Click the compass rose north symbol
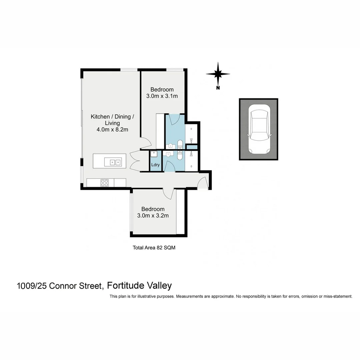[x=218, y=74]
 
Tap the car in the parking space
[x=259, y=129]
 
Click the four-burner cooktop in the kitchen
[x=105, y=183]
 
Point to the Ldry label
[x=155, y=165]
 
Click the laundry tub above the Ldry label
[x=154, y=154]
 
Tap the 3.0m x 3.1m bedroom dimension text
[x=162, y=96]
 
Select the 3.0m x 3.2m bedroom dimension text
[x=153, y=215]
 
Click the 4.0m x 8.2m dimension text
[x=112, y=130]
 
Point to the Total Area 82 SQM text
[x=154, y=248]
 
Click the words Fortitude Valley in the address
[x=139, y=286]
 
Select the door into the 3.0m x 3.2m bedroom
[x=169, y=194]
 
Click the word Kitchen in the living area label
[x=100, y=117]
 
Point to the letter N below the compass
[x=218, y=88]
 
